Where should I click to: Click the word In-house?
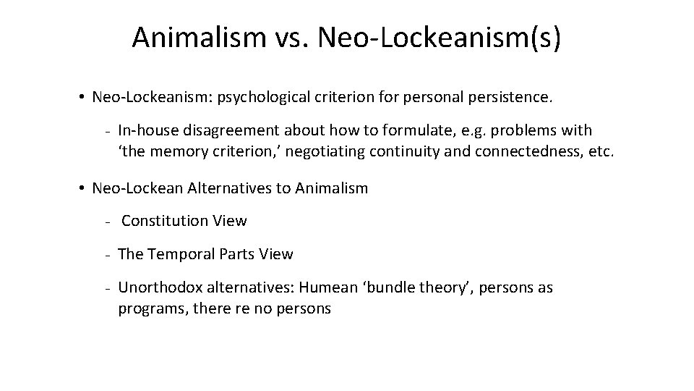click(147, 131)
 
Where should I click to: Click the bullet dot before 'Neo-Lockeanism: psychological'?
click(85, 97)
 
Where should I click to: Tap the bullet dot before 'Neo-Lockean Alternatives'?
click(85, 189)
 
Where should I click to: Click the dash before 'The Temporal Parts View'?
click(106, 255)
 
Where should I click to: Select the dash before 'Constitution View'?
click(106, 221)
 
